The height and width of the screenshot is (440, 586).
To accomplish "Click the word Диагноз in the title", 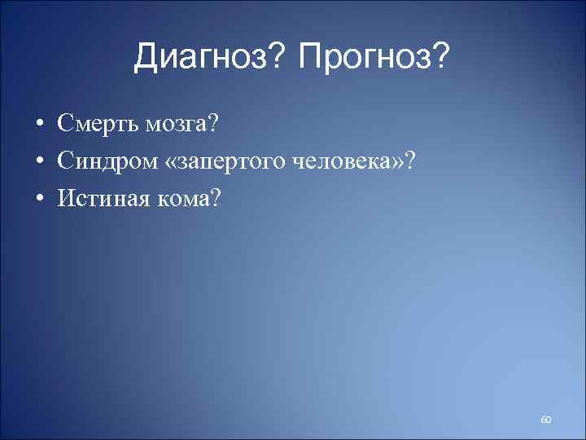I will click(204, 56).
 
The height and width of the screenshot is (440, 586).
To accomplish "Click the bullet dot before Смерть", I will click(39, 125).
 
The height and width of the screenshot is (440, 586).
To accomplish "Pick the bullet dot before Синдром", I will click(39, 161).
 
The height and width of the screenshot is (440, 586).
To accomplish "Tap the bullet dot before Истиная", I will click(39, 198).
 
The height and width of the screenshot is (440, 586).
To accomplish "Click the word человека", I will click(344, 161).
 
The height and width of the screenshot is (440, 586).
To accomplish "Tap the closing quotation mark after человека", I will click(400, 161).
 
